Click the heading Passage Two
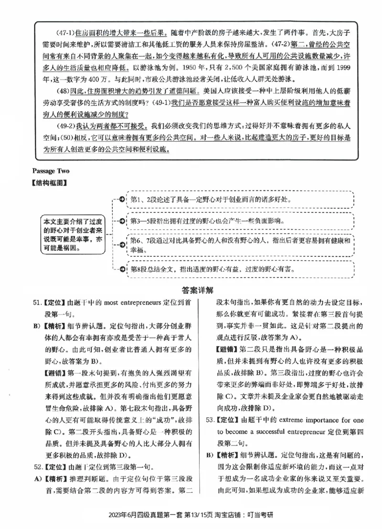point(51,170)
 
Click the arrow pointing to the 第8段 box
point(122,269)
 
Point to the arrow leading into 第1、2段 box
point(122,199)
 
